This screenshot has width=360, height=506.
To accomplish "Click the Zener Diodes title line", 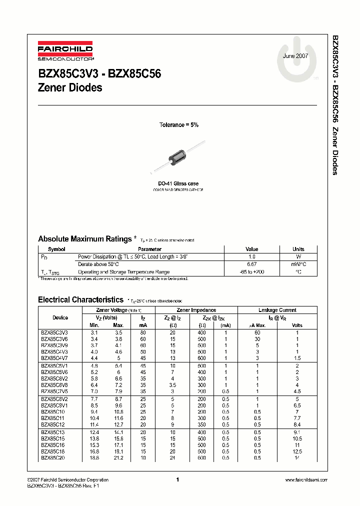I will click(70, 87).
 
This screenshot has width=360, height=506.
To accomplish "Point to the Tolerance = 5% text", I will click(178, 125).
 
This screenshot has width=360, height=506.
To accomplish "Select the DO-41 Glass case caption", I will click(178, 184).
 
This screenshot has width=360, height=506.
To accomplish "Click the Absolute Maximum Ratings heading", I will click(84, 239).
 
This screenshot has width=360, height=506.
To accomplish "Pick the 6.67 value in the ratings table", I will click(252, 264).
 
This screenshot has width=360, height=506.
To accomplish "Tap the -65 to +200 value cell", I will click(252, 272).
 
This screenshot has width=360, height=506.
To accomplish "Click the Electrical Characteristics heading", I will click(80, 299).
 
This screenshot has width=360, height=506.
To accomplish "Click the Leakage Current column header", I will click(277, 310).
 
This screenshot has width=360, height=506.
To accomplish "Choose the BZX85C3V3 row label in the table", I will click(54, 332).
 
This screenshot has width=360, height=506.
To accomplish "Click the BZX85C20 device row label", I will click(54, 457).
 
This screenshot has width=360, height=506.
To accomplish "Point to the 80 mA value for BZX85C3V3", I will click(143, 332).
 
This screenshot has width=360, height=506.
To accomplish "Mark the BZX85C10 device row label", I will click(52, 411).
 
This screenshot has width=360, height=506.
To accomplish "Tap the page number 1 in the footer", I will click(177, 480).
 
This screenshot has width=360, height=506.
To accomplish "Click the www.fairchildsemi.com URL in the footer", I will click(305, 480).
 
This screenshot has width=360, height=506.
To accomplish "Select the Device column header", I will click(60, 317).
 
